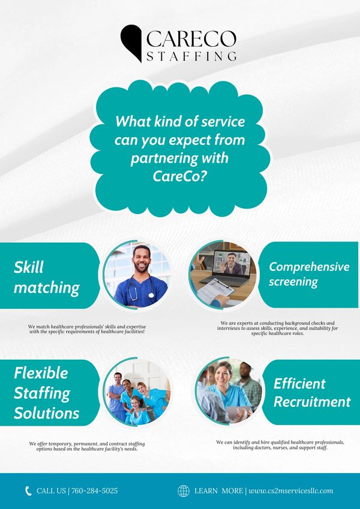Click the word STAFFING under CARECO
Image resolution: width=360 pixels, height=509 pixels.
pyautogui.click(x=191, y=56)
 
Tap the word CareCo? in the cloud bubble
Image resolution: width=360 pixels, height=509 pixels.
pyautogui.click(x=180, y=176)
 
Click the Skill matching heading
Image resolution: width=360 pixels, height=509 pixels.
pyautogui.click(x=46, y=278)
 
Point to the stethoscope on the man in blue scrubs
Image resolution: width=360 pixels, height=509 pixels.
pyautogui.click(x=140, y=287)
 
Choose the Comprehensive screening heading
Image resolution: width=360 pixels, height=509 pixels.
pyautogui.click(x=309, y=274)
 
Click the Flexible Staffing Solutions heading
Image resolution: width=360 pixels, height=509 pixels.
pyautogui.click(x=46, y=393)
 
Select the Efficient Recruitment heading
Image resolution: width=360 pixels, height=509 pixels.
pyautogui.click(x=312, y=393)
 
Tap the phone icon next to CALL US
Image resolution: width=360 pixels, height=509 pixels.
pyautogui.click(x=28, y=490)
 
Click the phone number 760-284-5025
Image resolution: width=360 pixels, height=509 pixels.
pyautogui.click(x=94, y=490)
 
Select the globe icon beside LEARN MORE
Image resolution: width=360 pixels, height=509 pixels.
pyautogui.click(x=184, y=491)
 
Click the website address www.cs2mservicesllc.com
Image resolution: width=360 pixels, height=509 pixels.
pyautogui.click(x=291, y=491)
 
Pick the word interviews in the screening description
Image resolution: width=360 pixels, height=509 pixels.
pyautogui.click(x=229, y=328)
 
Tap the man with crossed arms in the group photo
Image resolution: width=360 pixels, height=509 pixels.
pyautogui.click(x=116, y=395)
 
